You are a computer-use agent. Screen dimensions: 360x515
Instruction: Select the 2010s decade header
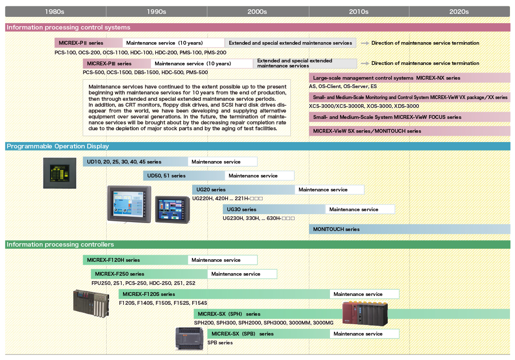click(359, 11)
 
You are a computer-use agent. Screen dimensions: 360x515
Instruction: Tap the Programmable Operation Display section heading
click(58, 146)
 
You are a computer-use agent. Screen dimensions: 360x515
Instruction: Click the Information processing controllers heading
click(60, 244)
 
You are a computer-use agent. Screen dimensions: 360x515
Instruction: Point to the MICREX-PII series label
click(81, 43)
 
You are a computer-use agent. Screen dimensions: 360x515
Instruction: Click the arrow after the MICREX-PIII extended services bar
click(365, 63)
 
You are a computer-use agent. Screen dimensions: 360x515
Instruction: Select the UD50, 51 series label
click(166, 176)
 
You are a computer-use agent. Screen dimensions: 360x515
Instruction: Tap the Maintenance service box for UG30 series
click(360, 210)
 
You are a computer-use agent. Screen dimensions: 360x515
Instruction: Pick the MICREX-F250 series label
click(119, 274)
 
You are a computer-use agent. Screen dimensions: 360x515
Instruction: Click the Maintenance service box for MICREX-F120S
click(364, 294)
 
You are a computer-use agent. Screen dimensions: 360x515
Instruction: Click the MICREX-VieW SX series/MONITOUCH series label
click(367, 131)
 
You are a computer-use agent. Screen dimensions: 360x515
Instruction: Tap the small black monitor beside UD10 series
click(60, 173)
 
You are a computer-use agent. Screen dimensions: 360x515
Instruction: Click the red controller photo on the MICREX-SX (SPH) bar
click(365, 313)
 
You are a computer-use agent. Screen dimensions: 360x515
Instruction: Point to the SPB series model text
click(220, 343)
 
